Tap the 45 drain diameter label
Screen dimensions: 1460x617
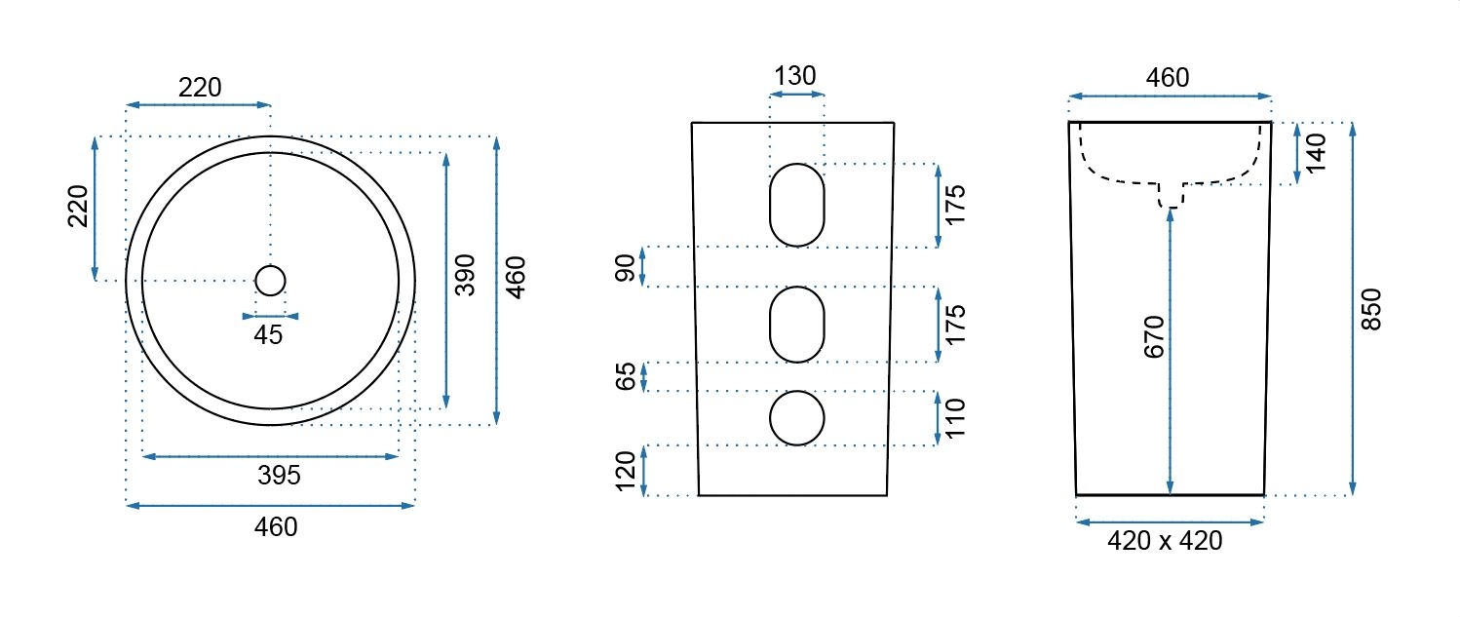pos(268,335)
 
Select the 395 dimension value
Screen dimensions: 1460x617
pos(279,475)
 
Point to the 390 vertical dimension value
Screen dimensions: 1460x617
pos(465,275)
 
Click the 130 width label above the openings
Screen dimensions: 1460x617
pos(794,76)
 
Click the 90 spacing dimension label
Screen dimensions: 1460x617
pos(625,268)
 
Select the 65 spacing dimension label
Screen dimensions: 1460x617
pos(625,376)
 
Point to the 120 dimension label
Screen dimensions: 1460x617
pos(625,471)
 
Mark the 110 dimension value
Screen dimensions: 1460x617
pos(954,418)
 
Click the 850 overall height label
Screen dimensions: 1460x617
pos(1371,309)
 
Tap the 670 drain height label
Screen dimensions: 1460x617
pos(1154,336)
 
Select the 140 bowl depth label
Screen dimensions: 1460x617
pos(1316,152)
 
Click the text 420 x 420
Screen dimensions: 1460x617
pos(1165,541)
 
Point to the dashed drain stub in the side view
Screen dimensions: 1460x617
pos(1172,196)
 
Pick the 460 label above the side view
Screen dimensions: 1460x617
pos(1168,78)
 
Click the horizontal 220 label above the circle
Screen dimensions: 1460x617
pos(200,88)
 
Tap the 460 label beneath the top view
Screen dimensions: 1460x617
pos(276,526)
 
